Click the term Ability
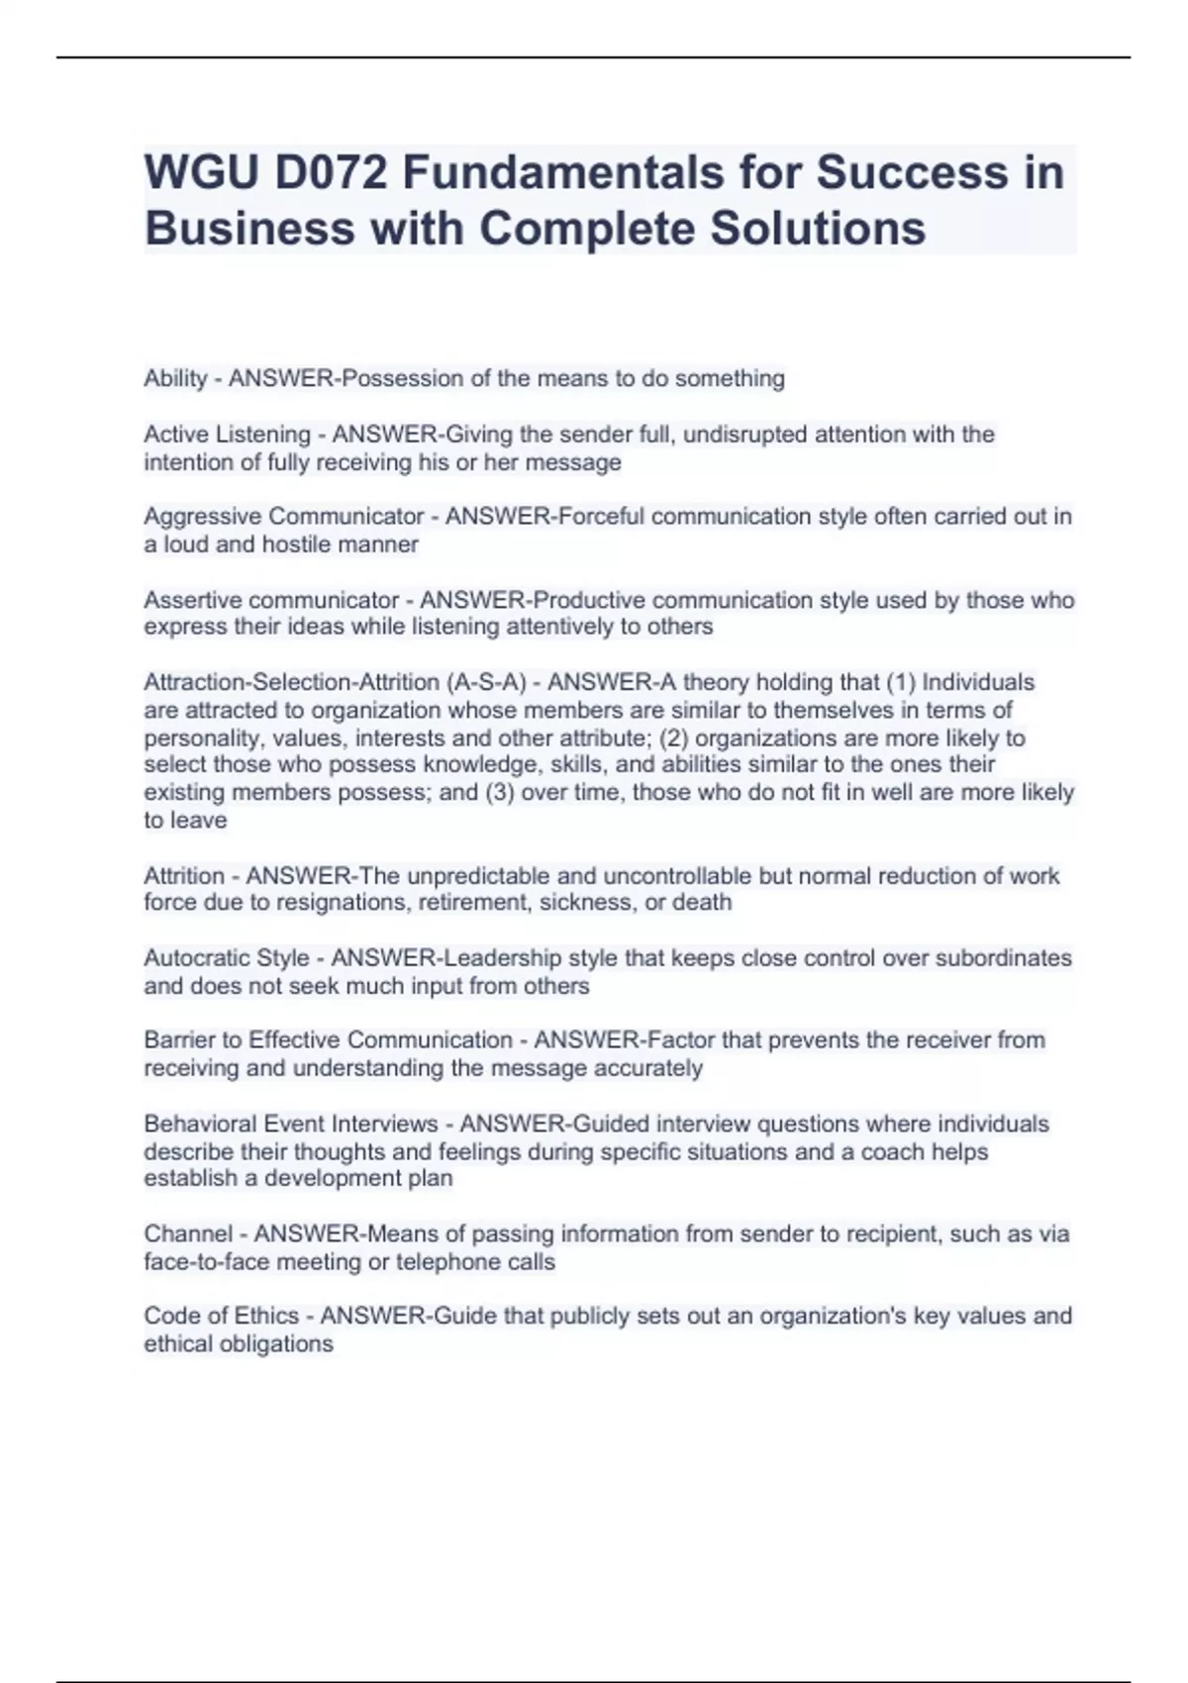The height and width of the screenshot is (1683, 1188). [175, 378]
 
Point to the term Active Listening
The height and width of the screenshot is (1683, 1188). [227, 435]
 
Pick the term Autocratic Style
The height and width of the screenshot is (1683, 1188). [227, 958]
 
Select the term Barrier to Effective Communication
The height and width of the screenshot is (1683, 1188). [328, 1040]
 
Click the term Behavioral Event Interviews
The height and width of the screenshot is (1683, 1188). [290, 1125]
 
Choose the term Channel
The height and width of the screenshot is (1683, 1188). [188, 1235]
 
